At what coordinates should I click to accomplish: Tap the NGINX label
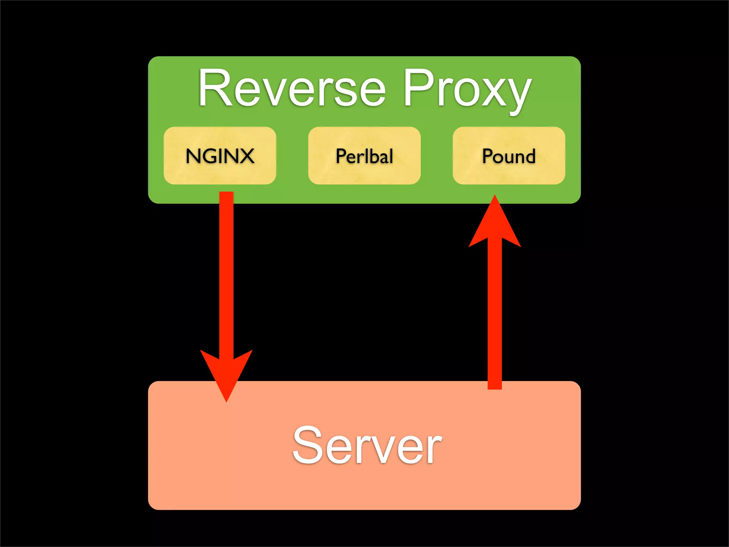pos(220,156)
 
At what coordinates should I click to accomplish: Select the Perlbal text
pos(364,156)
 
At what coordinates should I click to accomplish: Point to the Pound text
pos(509,156)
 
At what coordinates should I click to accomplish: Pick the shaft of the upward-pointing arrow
pos(495,313)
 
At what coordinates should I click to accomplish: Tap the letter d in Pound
pos(530,156)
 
